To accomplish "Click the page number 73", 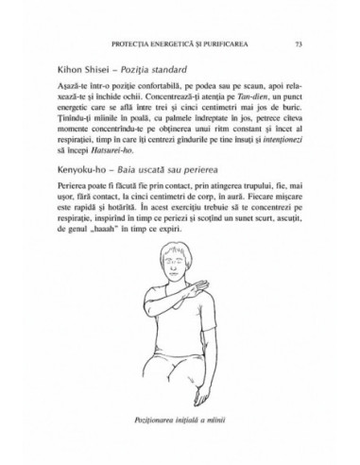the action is coord(298,44).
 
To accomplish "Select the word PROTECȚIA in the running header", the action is coord(133,44).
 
